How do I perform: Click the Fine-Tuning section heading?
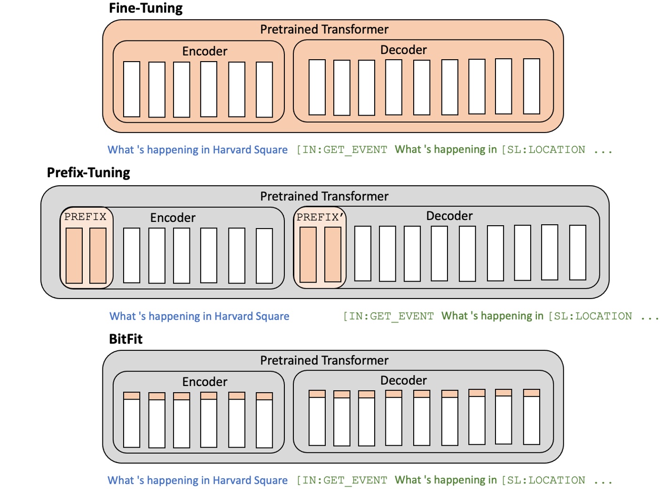146,8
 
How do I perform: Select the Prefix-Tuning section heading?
88,173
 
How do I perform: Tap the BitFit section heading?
126,339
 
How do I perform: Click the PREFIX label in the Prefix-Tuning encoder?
86,217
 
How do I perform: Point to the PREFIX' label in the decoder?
320,217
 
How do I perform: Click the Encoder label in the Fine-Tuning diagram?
204,51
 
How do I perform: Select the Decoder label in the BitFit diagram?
403,380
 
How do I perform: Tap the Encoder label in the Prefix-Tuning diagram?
173,218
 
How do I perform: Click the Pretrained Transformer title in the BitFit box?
324,361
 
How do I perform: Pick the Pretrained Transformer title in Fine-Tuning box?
324,30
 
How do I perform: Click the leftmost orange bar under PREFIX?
74,255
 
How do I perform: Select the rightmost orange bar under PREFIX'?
333,254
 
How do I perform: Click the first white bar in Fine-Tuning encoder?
132,89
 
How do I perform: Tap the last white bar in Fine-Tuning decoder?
531,86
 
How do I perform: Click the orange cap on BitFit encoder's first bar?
132,396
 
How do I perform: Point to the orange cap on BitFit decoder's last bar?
531,393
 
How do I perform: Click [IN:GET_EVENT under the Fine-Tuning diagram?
342,150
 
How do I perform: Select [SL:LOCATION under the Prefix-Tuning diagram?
590,316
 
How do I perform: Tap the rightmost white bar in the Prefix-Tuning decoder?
577,252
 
